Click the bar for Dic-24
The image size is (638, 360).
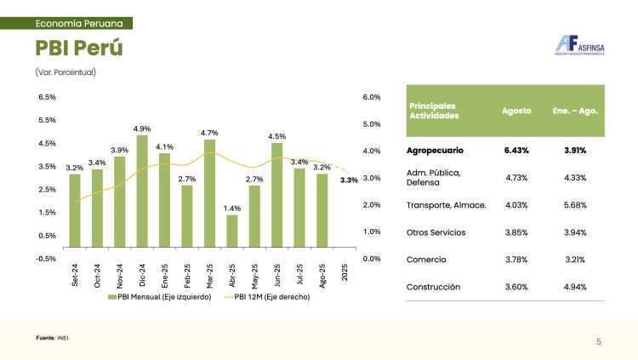click(x=142, y=197)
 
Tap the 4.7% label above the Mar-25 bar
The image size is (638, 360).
click(x=209, y=133)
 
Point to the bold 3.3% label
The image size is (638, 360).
click(x=349, y=180)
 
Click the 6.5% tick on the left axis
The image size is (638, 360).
click(x=47, y=98)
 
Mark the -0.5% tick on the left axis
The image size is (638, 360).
click(x=47, y=258)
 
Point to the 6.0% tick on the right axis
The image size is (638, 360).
click(x=372, y=98)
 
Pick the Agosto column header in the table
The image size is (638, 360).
click(x=516, y=111)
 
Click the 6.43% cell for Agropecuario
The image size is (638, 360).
click(x=516, y=151)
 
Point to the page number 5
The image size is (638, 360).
click(x=599, y=342)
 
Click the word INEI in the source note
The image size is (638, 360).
click(x=64, y=339)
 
